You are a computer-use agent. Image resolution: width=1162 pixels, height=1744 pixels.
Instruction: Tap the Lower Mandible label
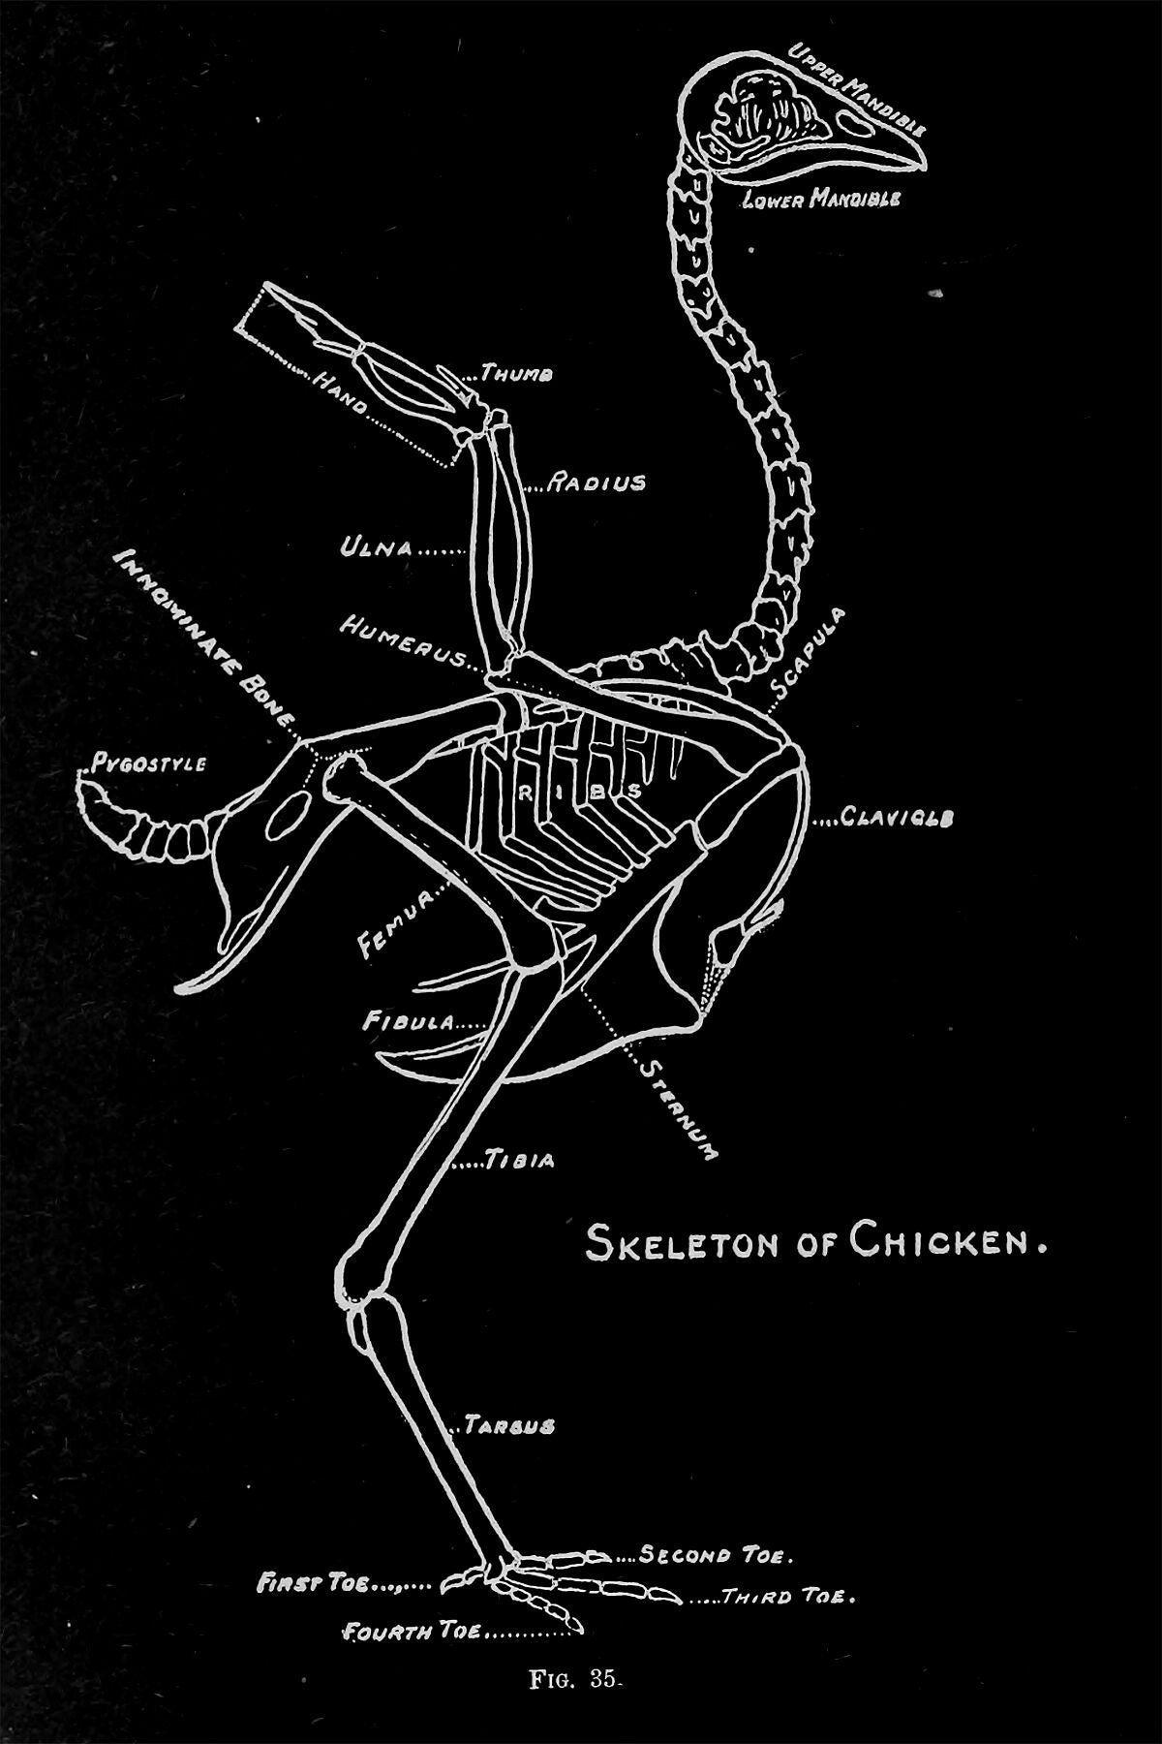pos(822,200)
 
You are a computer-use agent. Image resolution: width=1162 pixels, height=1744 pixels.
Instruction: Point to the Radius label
pos(596,483)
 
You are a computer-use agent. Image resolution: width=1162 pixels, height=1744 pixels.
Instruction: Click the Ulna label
pos(375,548)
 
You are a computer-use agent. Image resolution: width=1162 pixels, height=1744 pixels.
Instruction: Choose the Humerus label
pos(400,641)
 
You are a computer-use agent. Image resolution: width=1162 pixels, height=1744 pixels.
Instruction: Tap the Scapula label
pos(809,653)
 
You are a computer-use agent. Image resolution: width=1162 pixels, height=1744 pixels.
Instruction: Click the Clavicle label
pos(898,818)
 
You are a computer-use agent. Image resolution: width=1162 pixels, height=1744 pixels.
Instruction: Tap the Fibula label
pos(408,1021)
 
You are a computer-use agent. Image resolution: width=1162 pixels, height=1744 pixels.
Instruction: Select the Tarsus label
pos(508,1426)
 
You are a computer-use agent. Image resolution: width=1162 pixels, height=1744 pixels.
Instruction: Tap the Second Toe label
pos(718,1557)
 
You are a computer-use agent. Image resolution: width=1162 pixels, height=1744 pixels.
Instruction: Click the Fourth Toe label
pos(413,1632)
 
